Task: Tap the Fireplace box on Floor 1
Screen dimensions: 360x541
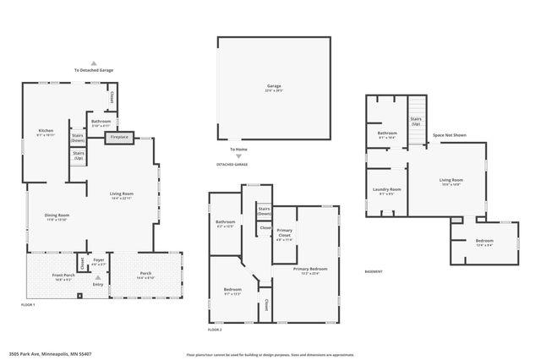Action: (x=119, y=137)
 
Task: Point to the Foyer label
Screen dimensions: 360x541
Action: (x=99, y=261)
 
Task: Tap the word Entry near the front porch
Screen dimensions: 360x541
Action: (x=98, y=285)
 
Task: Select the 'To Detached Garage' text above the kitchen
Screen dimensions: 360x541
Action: (x=93, y=70)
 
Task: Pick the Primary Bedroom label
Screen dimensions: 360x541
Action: (x=310, y=270)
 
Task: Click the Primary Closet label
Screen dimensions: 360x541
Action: (x=285, y=232)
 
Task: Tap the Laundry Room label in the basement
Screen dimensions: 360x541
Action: (x=385, y=190)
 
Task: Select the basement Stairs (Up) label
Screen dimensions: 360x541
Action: (x=415, y=121)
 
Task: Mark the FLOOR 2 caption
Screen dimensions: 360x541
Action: (x=215, y=330)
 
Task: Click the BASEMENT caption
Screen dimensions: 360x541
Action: (x=374, y=271)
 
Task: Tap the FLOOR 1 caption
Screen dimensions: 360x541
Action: (x=27, y=304)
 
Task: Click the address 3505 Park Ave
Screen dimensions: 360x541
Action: (x=50, y=354)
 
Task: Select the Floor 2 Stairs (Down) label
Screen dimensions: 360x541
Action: (x=264, y=211)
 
